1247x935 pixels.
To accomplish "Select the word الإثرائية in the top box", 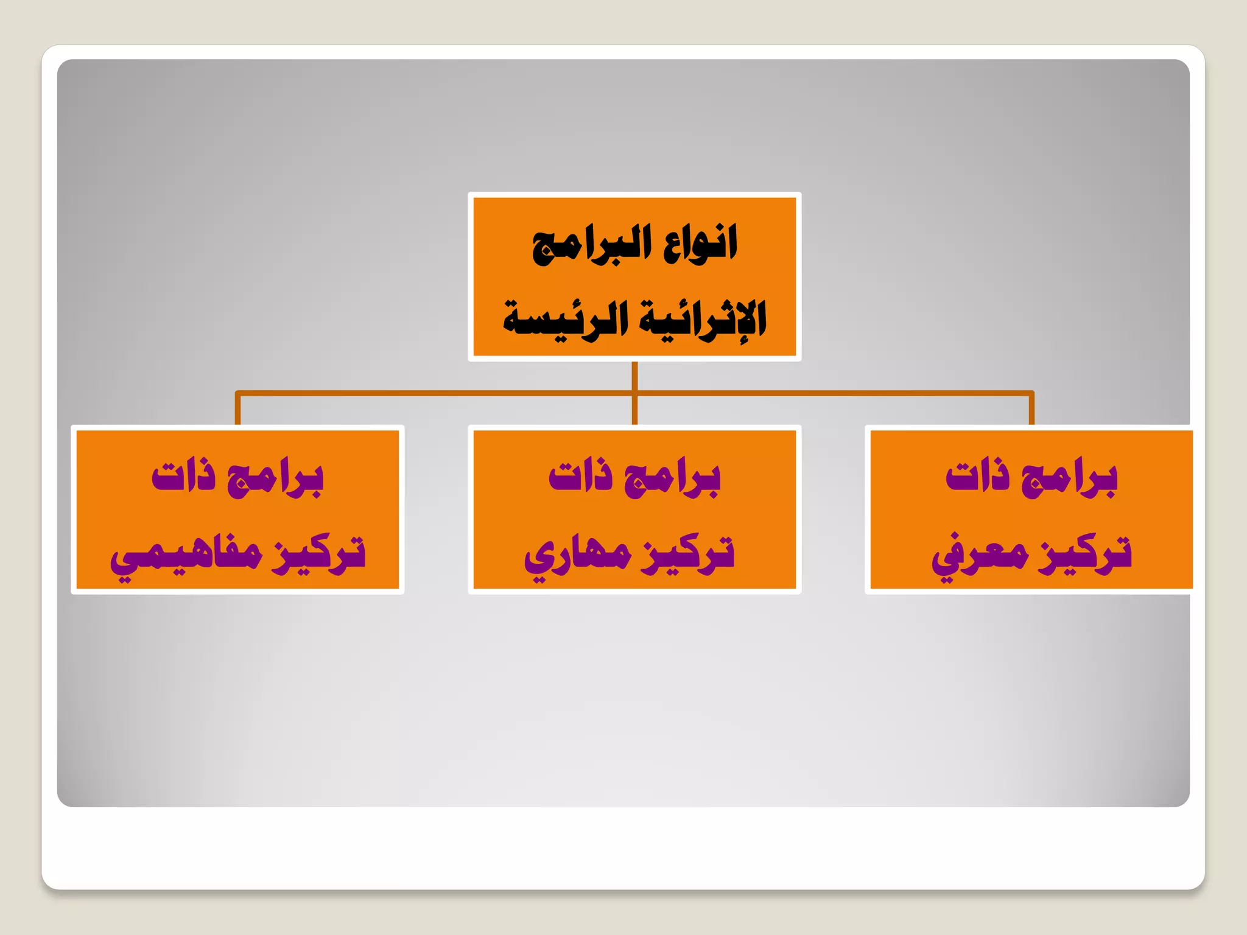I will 704,320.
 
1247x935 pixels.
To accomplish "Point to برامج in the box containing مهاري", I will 672,478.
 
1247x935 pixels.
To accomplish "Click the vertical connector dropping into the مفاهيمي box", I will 238,410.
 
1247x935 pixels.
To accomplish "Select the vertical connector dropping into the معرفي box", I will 1031,410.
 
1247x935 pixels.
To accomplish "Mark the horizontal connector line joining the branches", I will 426,393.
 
